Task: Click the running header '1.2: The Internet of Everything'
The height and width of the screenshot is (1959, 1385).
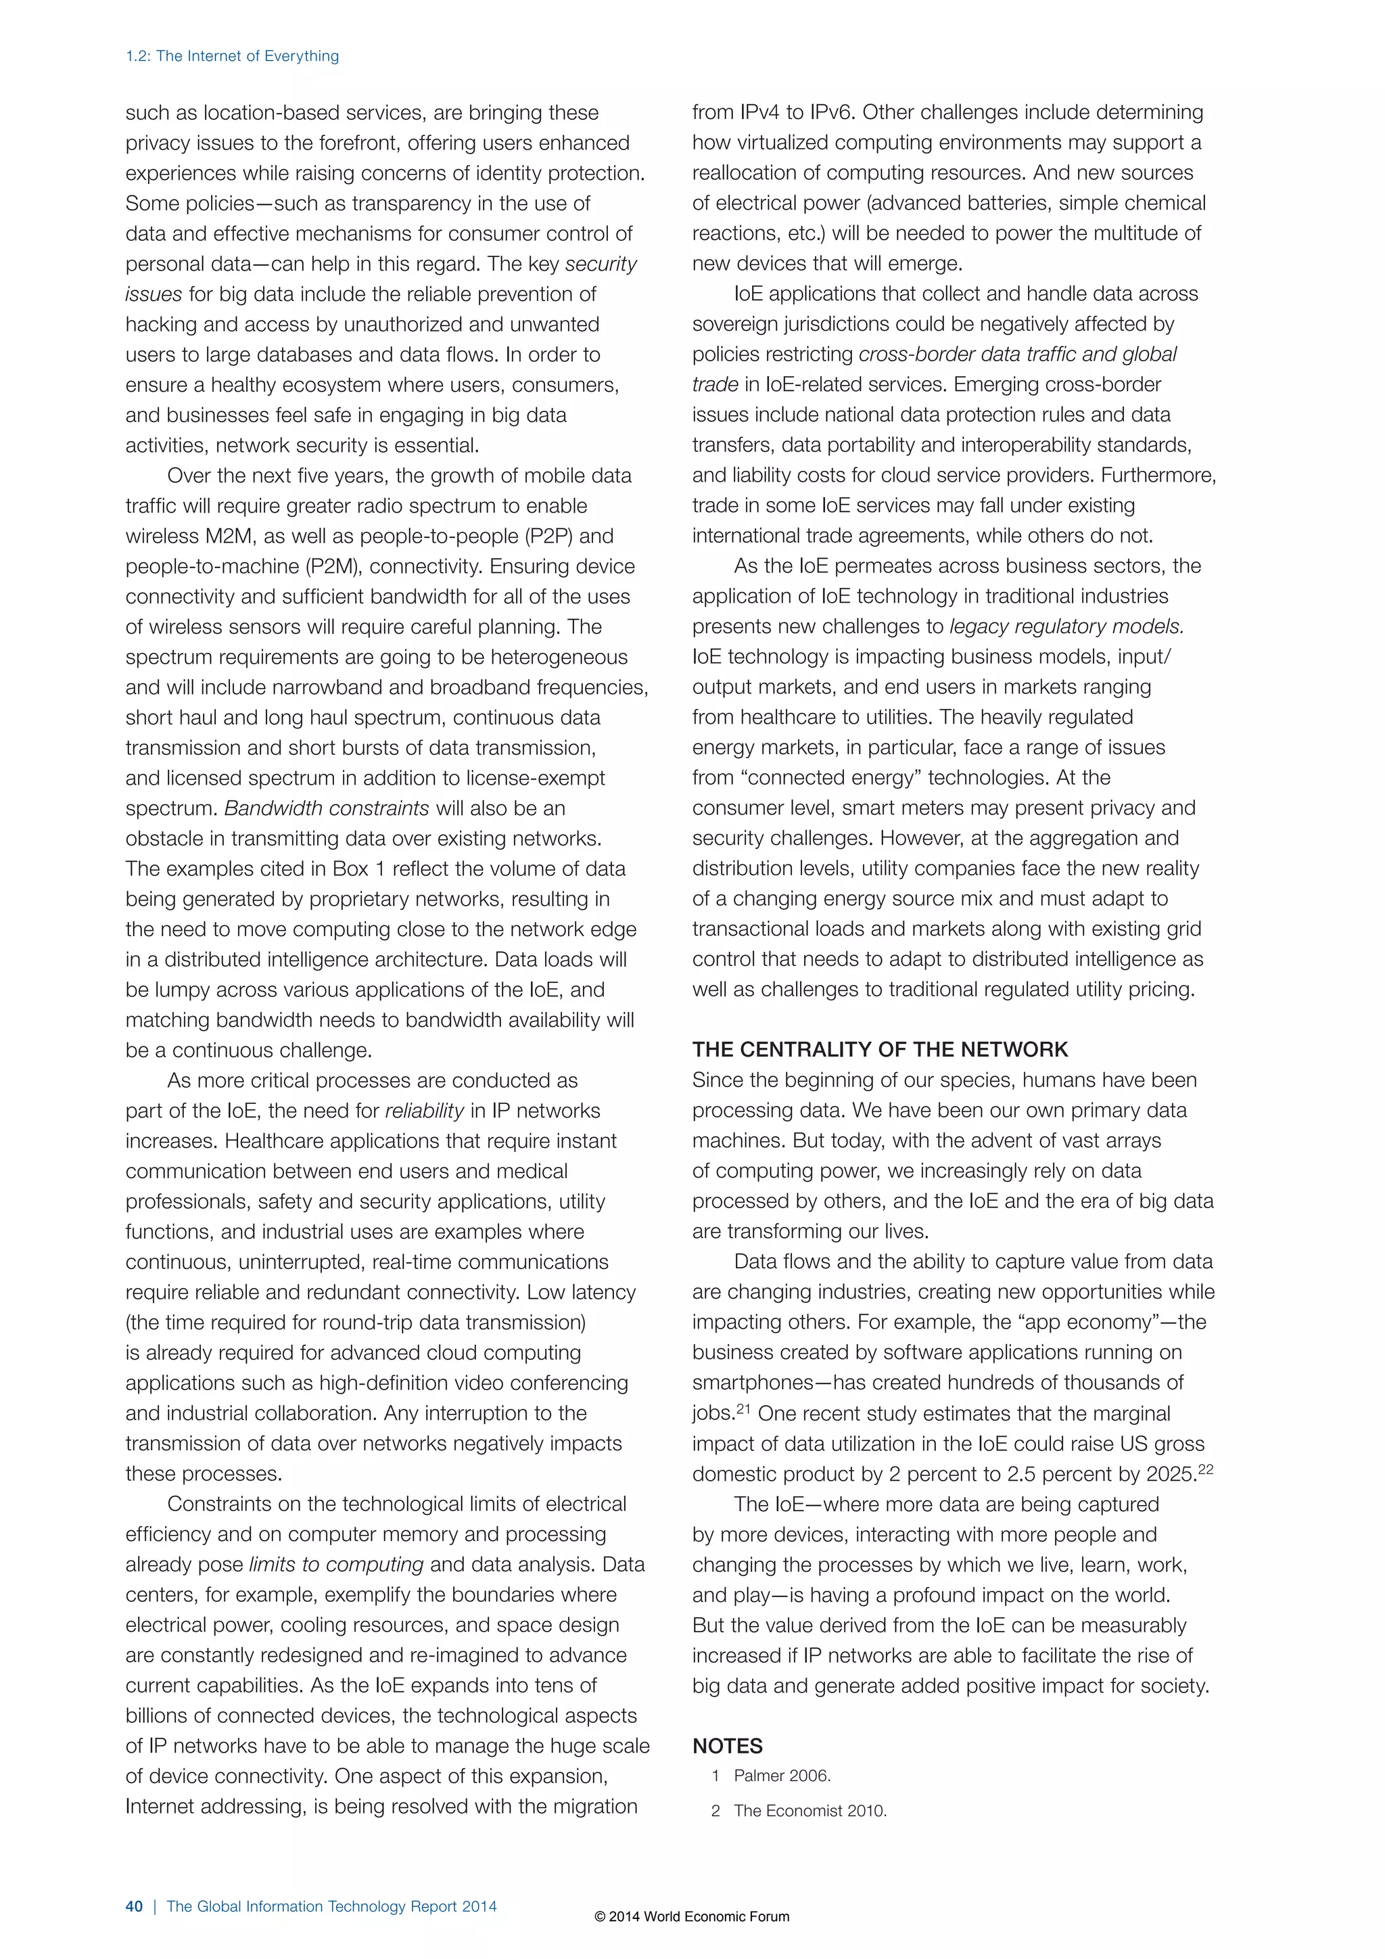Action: [x=232, y=56]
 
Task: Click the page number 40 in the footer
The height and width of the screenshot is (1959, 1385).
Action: [x=134, y=1906]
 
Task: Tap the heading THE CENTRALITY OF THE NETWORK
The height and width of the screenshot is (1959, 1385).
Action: [x=880, y=1049]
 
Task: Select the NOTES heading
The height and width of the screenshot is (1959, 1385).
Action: [x=728, y=1747]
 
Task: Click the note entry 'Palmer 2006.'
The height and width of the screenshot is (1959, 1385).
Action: [x=782, y=1776]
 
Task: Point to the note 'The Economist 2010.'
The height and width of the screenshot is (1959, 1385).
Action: [x=810, y=1811]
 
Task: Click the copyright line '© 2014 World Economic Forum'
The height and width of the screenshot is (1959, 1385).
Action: [x=692, y=1916]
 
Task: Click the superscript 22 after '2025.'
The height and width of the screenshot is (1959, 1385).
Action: [x=1205, y=1469]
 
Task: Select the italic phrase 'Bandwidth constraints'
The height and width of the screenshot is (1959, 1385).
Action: [x=327, y=808]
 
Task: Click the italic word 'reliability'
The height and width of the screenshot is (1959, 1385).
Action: [x=424, y=1111]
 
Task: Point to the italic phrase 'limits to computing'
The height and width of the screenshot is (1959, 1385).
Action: [x=336, y=1565]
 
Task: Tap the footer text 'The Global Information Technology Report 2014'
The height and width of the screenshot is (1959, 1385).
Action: [x=331, y=1906]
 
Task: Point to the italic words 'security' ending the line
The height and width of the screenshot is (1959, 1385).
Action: [x=601, y=264]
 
